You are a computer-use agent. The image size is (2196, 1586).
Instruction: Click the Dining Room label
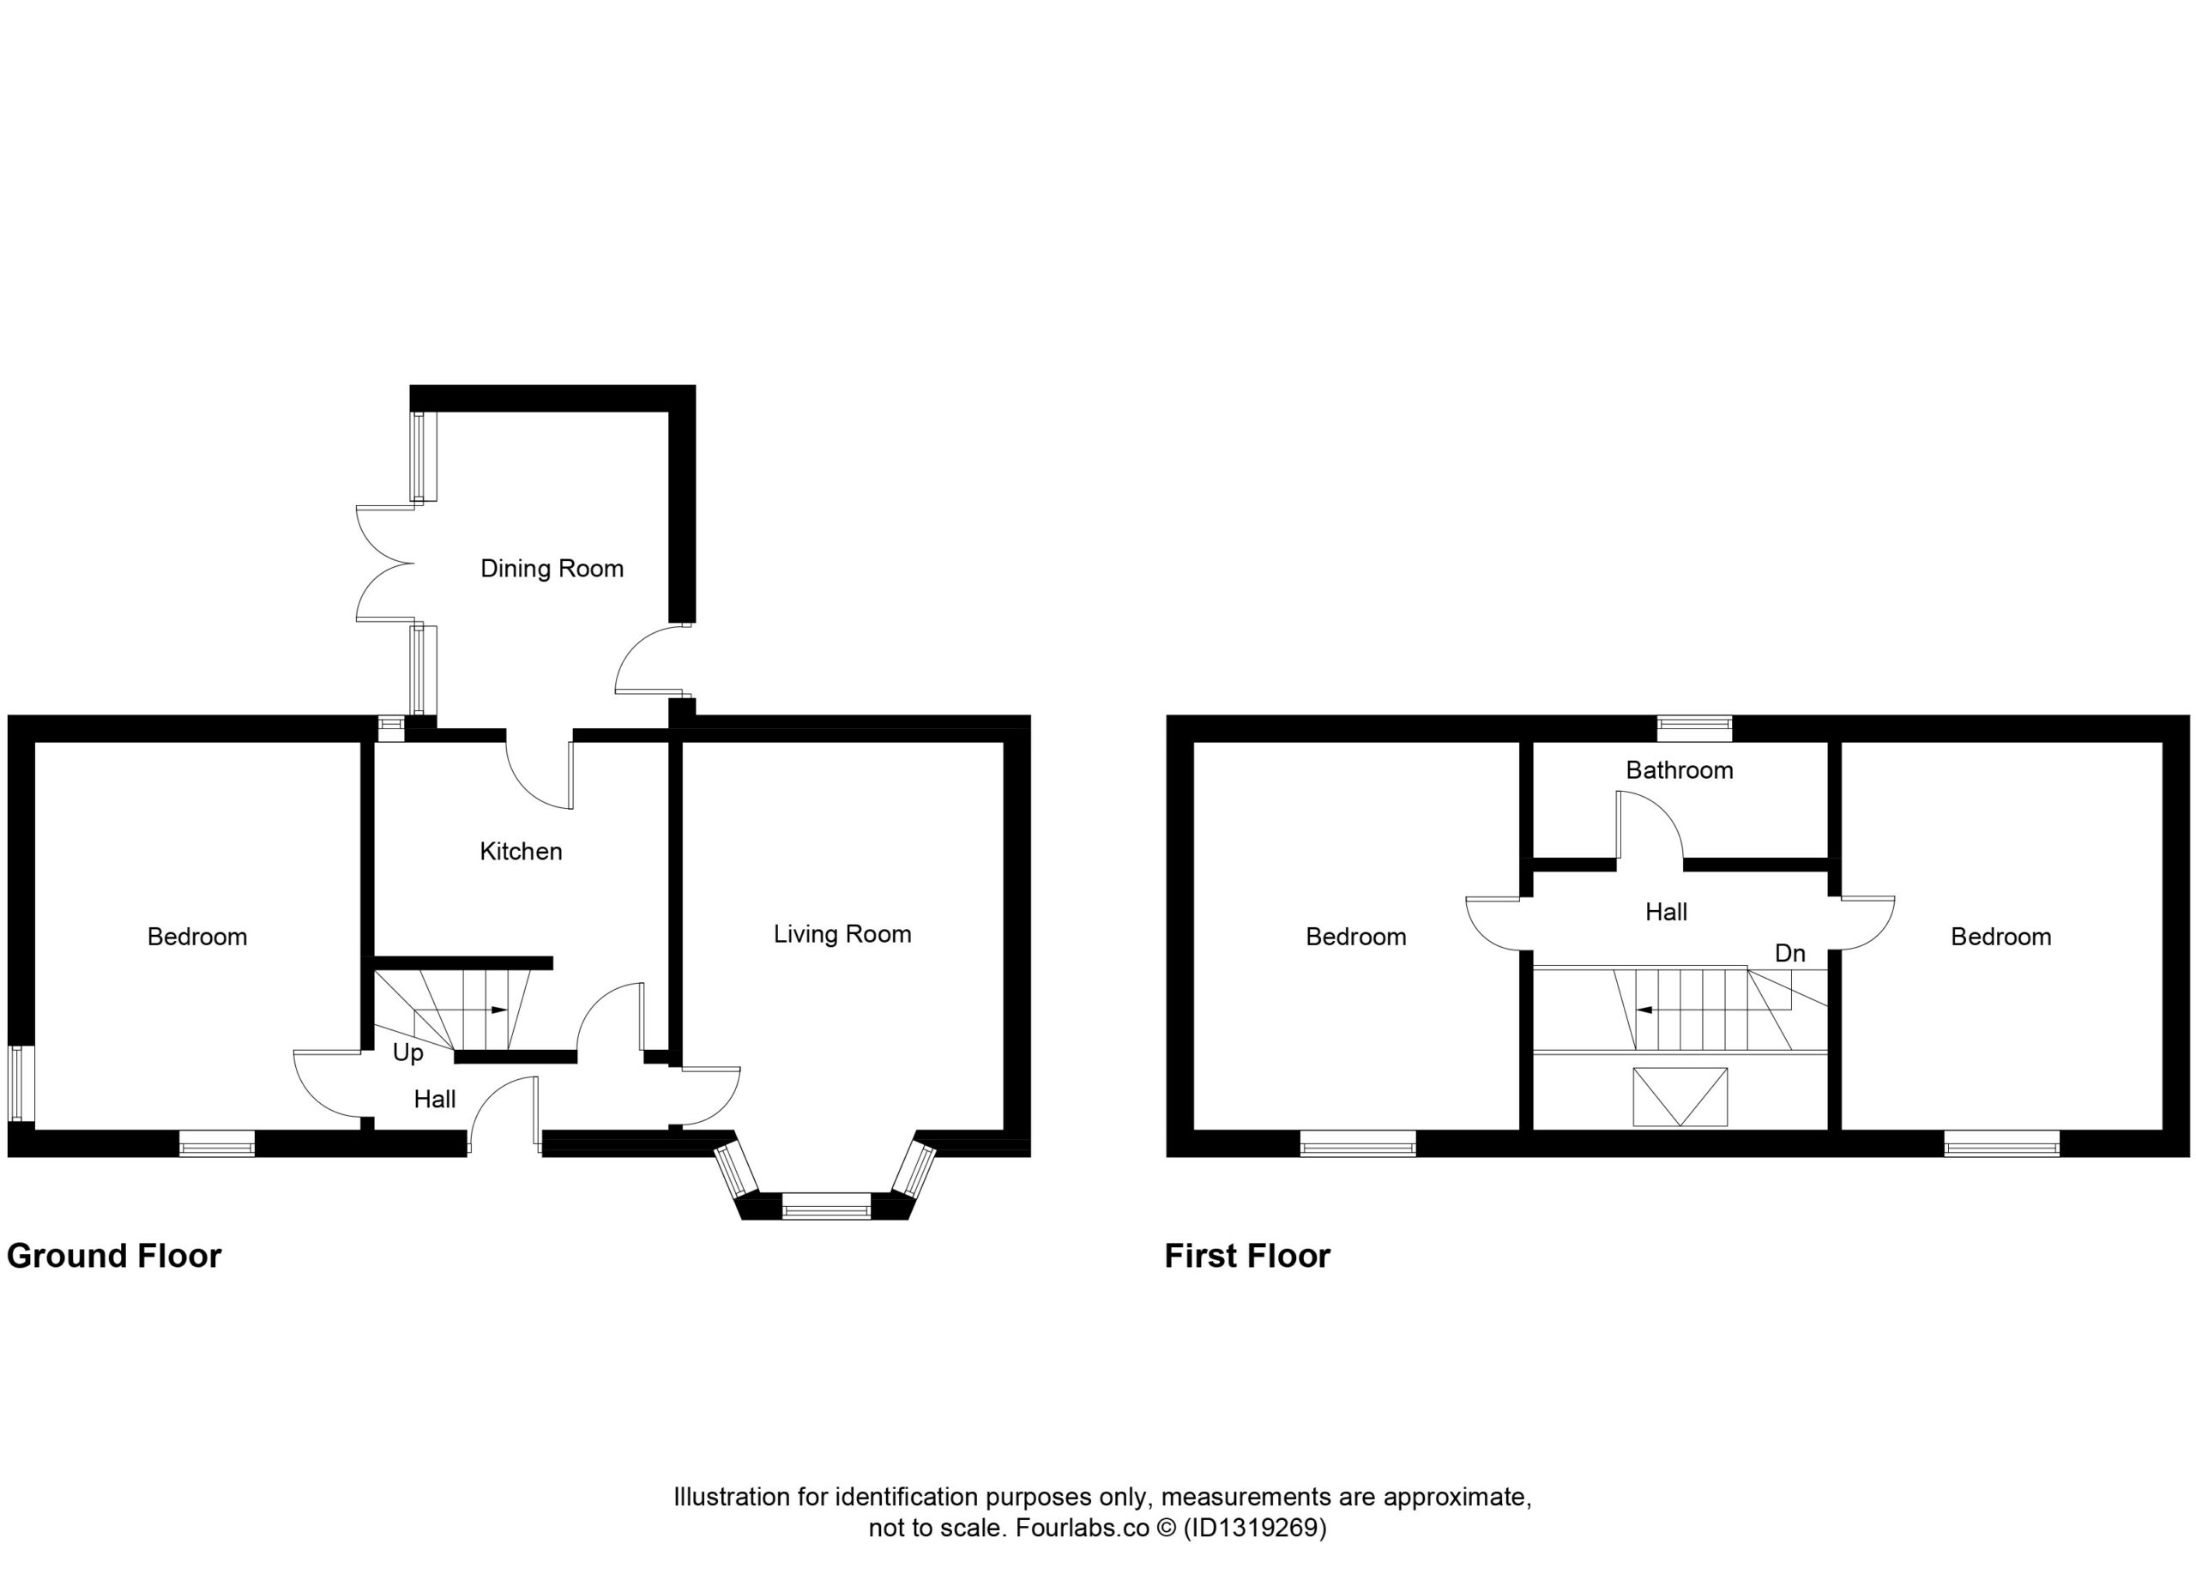552,569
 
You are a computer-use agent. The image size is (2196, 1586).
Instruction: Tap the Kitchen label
521,851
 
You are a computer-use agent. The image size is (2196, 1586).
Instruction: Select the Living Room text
842,934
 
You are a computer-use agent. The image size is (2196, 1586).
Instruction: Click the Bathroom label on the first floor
1679,769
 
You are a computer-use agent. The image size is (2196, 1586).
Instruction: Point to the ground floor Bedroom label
197,937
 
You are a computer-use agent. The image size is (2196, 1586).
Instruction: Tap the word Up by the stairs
407,1053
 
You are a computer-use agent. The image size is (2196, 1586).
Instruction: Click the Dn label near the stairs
1790,954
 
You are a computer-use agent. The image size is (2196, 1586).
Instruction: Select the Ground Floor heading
114,1256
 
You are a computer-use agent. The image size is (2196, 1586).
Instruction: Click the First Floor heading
1247,1256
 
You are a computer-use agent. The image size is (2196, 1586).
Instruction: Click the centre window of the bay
827,1207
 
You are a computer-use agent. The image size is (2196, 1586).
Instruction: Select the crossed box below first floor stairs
1680,1097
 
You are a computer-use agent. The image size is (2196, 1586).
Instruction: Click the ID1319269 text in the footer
1255,1528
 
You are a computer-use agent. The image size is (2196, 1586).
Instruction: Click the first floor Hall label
1667,911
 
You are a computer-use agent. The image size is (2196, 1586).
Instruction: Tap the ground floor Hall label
435,1099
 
